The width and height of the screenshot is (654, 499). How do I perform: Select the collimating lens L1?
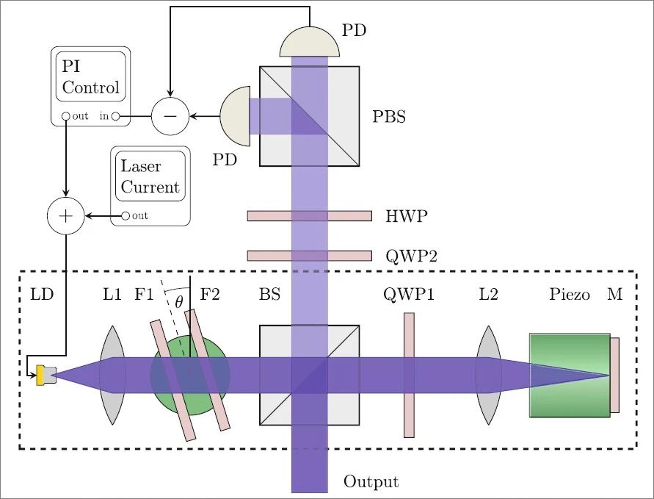(112, 375)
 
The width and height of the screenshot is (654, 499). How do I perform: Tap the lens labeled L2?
(488, 375)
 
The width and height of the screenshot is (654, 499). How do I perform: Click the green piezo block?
(569, 375)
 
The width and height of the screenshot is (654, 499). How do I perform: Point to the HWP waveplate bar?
(309, 216)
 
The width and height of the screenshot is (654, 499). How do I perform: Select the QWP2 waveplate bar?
(309, 256)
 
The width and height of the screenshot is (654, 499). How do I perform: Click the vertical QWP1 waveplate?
(409, 375)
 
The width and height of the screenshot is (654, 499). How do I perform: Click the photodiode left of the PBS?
(235, 116)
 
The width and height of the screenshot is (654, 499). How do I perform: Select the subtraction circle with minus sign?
(170, 116)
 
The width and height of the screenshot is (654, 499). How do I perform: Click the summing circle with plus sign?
(66, 216)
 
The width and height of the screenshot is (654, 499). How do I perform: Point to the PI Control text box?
(90, 77)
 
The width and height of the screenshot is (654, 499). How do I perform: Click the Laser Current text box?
(150, 176)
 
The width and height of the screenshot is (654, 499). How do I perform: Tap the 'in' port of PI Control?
(116, 116)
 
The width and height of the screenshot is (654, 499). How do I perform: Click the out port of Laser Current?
(125, 216)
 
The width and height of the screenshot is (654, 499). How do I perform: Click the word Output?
(371, 482)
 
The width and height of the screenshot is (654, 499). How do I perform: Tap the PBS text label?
(389, 116)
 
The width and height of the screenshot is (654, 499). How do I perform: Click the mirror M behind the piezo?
(614, 375)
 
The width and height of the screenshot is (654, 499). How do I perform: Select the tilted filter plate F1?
(173, 380)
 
